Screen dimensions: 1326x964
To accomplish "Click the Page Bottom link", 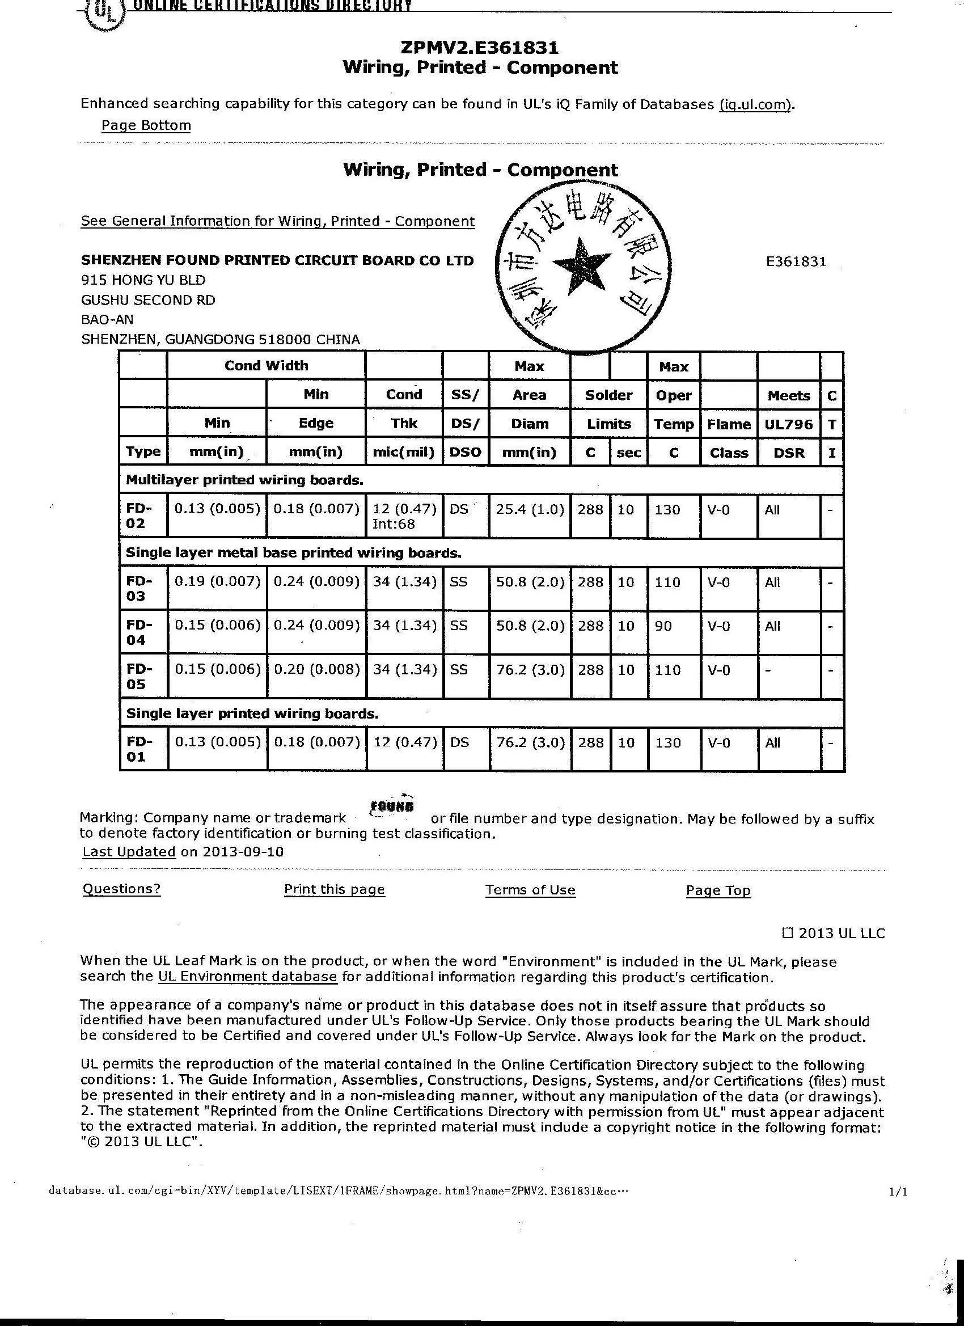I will pyautogui.click(x=146, y=125).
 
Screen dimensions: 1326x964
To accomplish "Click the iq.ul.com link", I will pyautogui.click(x=756, y=105).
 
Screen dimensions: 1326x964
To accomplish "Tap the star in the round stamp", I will pyautogui.click(x=581, y=264).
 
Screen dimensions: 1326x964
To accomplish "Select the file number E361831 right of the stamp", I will pyautogui.click(x=796, y=261).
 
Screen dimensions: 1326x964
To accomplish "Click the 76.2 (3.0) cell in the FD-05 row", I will pyautogui.click(x=530, y=670).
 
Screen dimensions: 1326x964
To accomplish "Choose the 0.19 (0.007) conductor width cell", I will pyautogui.click(x=217, y=582).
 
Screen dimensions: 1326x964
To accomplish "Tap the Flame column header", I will pyautogui.click(x=729, y=424).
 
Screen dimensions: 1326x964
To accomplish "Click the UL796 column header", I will pyautogui.click(x=789, y=424).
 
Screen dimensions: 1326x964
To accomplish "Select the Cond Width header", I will pyautogui.click(x=266, y=365).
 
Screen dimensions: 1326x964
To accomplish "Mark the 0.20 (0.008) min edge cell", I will pyautogui.click(x=316, y=670).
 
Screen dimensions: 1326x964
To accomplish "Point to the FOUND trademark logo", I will pyautogui.click(x=392, y=807).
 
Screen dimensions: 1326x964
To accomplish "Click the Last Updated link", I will pyautogui.click(x=129, y=851).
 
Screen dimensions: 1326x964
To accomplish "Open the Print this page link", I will pyautogui.click(x=335, y=889).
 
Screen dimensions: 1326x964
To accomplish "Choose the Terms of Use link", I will pyautogui.click(x=530, y=889).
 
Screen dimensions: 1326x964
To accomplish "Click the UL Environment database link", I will pyautogui.click(x=247, y=977).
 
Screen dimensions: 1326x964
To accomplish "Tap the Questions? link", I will pyautogui.click(x=121, y=889).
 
